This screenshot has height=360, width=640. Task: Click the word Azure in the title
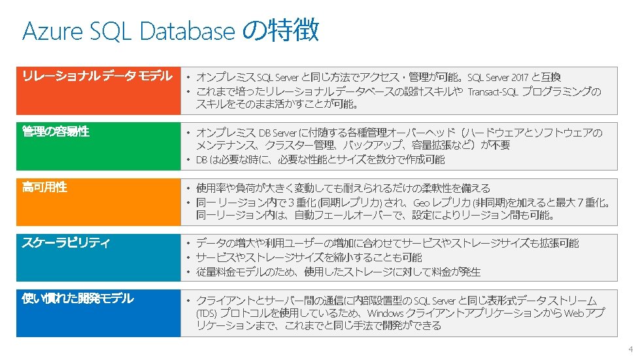coord(53,31)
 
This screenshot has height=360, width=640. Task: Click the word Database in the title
coord(188,31)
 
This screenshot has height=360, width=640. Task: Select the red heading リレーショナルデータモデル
coord(97,76)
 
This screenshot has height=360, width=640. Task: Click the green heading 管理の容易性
coord(56,131)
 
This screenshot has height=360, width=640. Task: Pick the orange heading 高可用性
coord(44,187)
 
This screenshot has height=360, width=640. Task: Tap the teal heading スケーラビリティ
coord(66,242)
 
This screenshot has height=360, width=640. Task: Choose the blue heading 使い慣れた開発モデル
coord(78,299)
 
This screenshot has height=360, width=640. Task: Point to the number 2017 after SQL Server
coord(520,78)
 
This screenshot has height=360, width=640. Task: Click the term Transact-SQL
coord(493,91)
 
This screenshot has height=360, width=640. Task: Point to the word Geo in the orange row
coord(421,203)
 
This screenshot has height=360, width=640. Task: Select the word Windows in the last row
coord(385,314)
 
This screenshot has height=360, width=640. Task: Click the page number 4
coord(631,350)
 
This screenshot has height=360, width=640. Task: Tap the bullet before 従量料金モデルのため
coord(188,272)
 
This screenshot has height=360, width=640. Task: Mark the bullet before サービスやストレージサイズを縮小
coord(188,257)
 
